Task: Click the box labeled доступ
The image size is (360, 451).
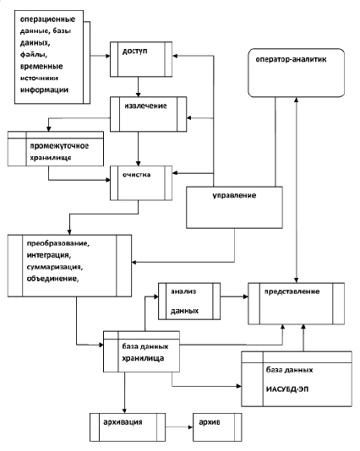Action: pos(141,59)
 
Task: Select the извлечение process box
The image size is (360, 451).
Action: pos(148,114)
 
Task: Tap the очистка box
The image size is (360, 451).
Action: pos(141,183)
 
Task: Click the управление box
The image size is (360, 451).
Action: pos(234,208)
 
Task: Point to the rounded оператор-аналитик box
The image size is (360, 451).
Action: pos(296,73)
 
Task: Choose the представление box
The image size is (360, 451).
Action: pos(296,304)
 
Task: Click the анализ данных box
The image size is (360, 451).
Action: pos(189,302)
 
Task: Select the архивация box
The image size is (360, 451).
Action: pos(128,427)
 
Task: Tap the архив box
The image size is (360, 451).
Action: pos(217,427)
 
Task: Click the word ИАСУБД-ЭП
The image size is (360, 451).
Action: pos(287,389)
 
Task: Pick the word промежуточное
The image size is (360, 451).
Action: pos(59,146)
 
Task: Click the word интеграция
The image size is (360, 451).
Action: pos(49,255)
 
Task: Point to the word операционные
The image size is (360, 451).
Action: pos(47,19)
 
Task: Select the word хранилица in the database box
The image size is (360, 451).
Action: pos(143,358)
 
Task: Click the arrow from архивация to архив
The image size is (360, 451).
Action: pos(179,427)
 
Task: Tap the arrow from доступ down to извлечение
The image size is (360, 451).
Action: pos(138,87)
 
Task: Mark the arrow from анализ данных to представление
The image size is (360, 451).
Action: pos(234,296)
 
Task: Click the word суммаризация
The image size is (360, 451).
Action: pos(55,267)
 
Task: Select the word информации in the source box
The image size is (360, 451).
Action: pos(44,90)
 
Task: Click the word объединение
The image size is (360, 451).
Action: pos(52,279)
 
